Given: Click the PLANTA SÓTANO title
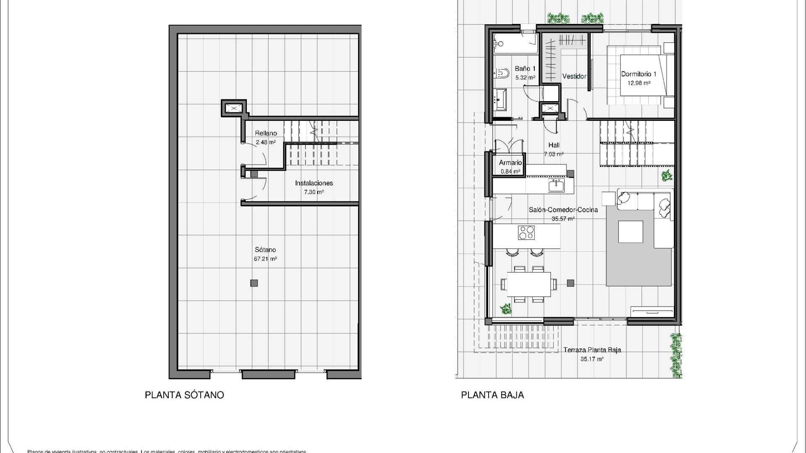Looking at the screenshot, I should click(184, 395).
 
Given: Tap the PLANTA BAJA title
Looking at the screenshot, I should click(492, 395).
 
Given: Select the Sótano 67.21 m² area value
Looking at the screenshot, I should click(265, 259).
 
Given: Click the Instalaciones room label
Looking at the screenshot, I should click(314, 183).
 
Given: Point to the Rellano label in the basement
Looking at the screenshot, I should click(266, 133).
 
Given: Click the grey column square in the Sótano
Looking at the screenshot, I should click(254, 283).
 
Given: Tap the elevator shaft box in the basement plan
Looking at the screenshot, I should click(233, 109).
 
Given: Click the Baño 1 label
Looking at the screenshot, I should click(525, 69).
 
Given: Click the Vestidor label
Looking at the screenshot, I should click(574, 76).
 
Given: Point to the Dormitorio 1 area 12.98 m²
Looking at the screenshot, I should click(639, 83).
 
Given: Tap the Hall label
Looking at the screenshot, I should click(554, 145).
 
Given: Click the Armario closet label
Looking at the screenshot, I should click(510, 163).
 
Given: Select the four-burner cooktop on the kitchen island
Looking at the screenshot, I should click(526, 232).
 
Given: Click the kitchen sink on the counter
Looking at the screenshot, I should click(556, 185).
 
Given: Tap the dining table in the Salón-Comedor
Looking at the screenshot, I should click(529, 284).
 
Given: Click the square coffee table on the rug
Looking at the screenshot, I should click(631, 232).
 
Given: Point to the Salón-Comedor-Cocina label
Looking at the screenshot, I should click(563, 210).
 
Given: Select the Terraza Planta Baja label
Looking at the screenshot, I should click(592, 350).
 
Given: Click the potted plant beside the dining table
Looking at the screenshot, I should click(506, 309).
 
